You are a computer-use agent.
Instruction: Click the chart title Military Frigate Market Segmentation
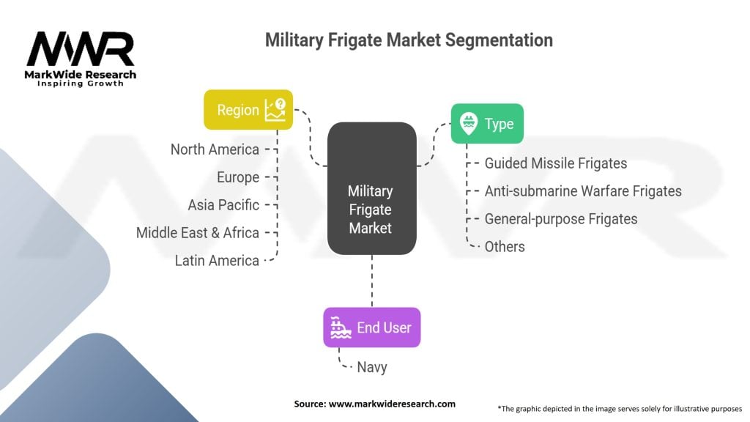point(409,40)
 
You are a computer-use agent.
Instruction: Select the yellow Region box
point(248,110)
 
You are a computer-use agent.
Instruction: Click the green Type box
point(486,124)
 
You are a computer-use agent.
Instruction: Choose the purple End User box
point(371,327)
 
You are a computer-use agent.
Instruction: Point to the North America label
point(215,149)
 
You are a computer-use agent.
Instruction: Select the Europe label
point(237,177)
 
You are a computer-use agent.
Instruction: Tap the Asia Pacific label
point(223,205)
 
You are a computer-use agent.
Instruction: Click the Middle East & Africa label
point(197,233)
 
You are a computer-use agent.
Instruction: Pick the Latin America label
point(217,260)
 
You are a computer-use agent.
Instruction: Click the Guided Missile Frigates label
point(555,163)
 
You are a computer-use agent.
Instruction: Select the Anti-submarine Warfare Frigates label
point(582,191)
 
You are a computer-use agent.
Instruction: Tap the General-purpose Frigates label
point(560,219)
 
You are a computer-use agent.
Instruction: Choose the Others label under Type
point(504,247)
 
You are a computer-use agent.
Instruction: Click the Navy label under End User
point(371,367)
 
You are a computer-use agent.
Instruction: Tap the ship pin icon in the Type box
point(467,123)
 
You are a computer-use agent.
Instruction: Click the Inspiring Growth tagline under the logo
point(81,84)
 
